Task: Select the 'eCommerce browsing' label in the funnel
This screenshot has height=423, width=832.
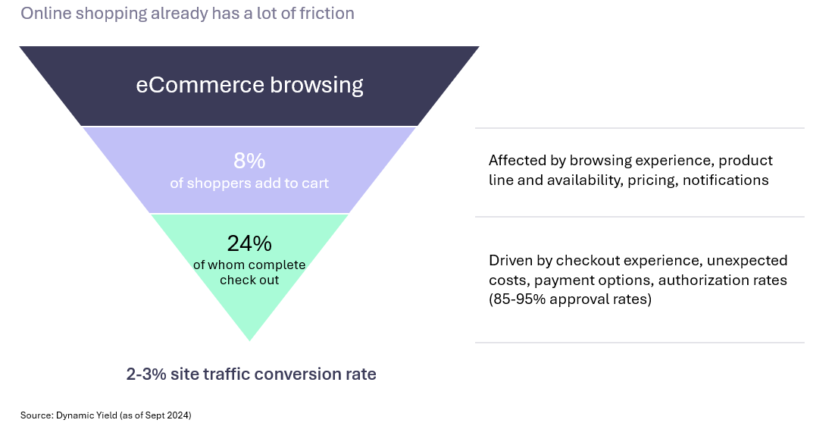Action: point(249,84)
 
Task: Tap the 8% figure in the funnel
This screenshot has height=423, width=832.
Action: point(249,161)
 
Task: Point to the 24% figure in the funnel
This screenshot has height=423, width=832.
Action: point(249,243)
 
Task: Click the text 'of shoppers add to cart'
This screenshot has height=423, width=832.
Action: point(249,183)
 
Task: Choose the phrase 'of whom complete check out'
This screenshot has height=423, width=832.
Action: point(249,272)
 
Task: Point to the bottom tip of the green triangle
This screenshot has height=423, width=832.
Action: point(249,340)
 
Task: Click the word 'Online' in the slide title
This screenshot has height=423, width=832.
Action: point(42,14)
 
